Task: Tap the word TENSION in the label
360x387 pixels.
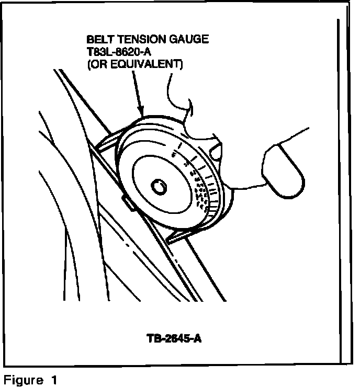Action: (136, 40)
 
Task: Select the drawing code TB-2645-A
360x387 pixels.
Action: (174, 338)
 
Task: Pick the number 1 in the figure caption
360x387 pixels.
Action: (54, 380)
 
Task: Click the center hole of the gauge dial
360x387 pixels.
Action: (157, 186)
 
